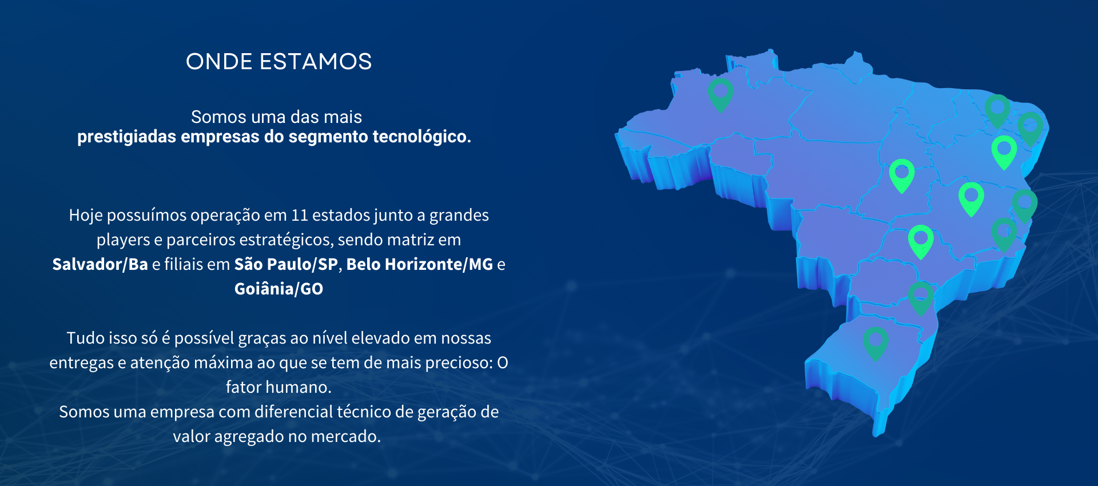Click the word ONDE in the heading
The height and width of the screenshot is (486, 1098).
[219, 62]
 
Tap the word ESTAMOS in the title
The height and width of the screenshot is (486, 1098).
[316, 62]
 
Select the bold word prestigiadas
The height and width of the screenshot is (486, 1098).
[126, 137]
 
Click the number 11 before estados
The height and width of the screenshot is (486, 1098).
[299, 216]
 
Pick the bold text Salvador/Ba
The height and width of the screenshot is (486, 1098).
[100, 264]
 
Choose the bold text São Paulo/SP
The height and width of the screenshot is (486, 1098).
[286, 264]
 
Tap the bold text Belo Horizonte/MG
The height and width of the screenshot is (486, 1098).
[420, 264]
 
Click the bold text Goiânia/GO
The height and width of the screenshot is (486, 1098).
[279, 289]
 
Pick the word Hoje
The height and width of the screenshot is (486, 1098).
[85, 216]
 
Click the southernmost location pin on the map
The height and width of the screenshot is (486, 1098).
[876, 344]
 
